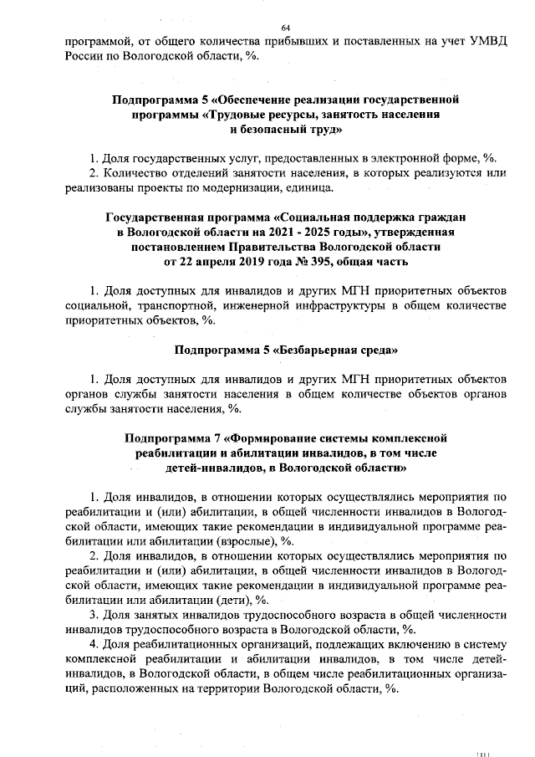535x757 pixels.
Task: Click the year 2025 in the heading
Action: [x=327, y=232]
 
